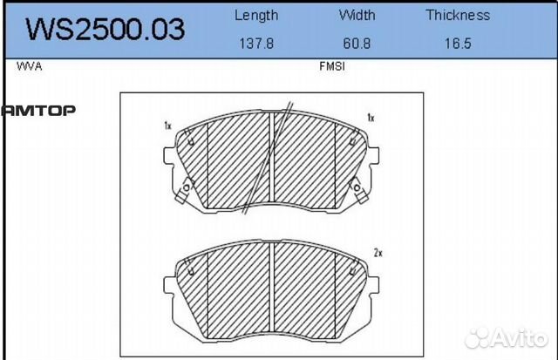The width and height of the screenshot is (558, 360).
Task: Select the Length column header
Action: coord(256,15)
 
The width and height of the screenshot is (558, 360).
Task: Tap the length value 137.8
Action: coord(256,44)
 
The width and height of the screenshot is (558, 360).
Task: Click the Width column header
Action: coord(357,15)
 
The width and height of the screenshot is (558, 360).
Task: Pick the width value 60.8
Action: coord(357,44)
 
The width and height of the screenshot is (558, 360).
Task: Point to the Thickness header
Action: coord(459,15)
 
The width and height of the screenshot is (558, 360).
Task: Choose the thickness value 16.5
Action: coord(459,44)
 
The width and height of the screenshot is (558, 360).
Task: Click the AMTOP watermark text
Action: coord(38,110)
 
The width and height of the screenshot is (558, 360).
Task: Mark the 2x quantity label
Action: coord(378,253)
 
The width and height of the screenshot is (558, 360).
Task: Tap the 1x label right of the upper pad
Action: coord(371,117)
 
